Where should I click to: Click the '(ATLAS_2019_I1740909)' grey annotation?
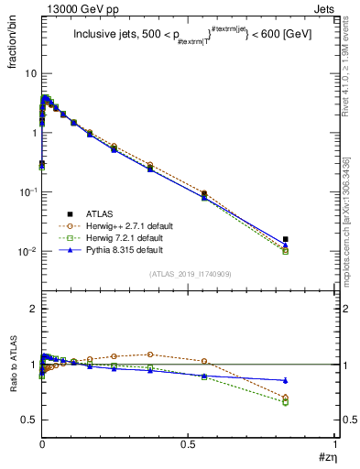(x=189, y=274)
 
